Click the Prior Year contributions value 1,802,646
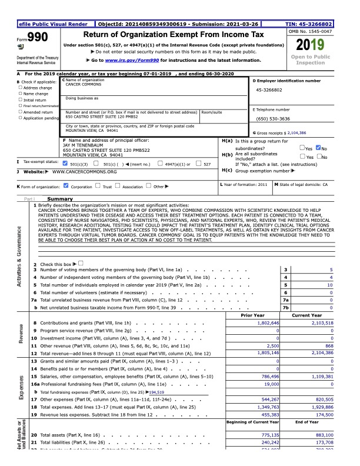tap(266, 324)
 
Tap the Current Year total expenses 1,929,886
tap(320, 407)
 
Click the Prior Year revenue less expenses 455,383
tap(267, 415)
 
